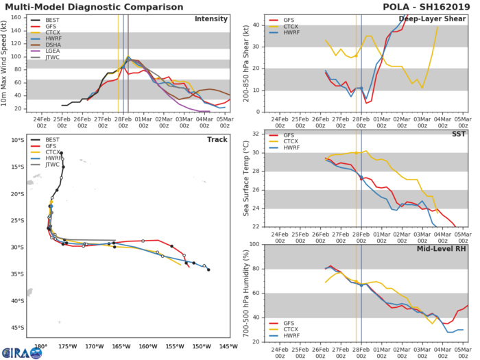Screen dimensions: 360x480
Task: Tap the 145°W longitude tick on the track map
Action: pos(224,345)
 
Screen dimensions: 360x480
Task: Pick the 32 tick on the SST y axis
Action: pos(255,134)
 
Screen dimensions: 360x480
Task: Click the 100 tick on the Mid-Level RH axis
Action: pos(254,244)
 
